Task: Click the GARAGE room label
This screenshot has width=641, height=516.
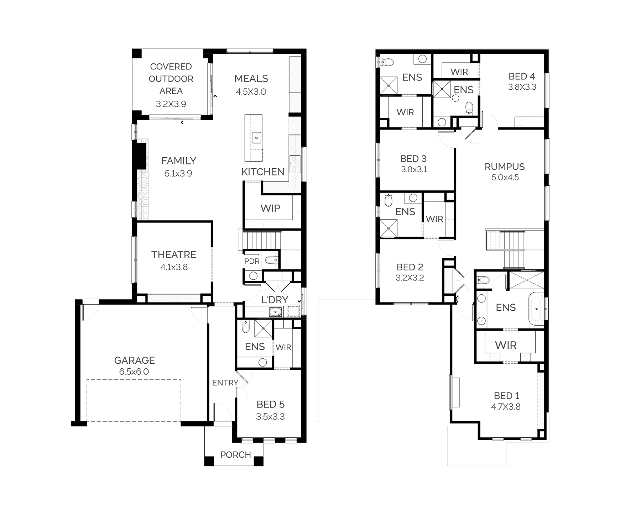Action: tap(134, 360)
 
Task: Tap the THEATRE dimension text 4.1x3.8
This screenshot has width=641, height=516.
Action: tap(174, 267)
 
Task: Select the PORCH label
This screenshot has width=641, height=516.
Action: tap(236, 454)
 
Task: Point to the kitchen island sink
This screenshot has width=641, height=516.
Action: tap(256, 137)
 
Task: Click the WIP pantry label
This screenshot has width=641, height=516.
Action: tap(270, 208)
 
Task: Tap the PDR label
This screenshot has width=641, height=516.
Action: tap(252, 261)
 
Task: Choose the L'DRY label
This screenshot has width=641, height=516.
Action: tap(275, 300)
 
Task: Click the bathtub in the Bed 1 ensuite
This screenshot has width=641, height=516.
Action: tap(536, 309)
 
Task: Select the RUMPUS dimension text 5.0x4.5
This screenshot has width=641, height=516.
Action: tap(505, 178)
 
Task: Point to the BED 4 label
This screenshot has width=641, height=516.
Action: tap(522, 76)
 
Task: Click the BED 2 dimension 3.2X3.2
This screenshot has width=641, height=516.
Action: tap(410, 278)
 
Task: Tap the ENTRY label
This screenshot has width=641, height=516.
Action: tap(225, 383)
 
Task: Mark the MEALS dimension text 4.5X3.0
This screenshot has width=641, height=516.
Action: tap(251, 91)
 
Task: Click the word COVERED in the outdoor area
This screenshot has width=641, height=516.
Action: tap(171, 67)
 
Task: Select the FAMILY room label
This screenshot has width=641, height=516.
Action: tap(179, 161)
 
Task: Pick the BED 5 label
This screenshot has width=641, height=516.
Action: tap(270, 404)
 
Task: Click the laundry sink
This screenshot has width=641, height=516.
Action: tap(275, 312)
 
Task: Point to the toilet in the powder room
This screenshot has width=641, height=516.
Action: tap(272, 261)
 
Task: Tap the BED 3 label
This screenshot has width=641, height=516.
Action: tap(413, 159)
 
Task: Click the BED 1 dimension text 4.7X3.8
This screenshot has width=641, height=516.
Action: tap(506, 407)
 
